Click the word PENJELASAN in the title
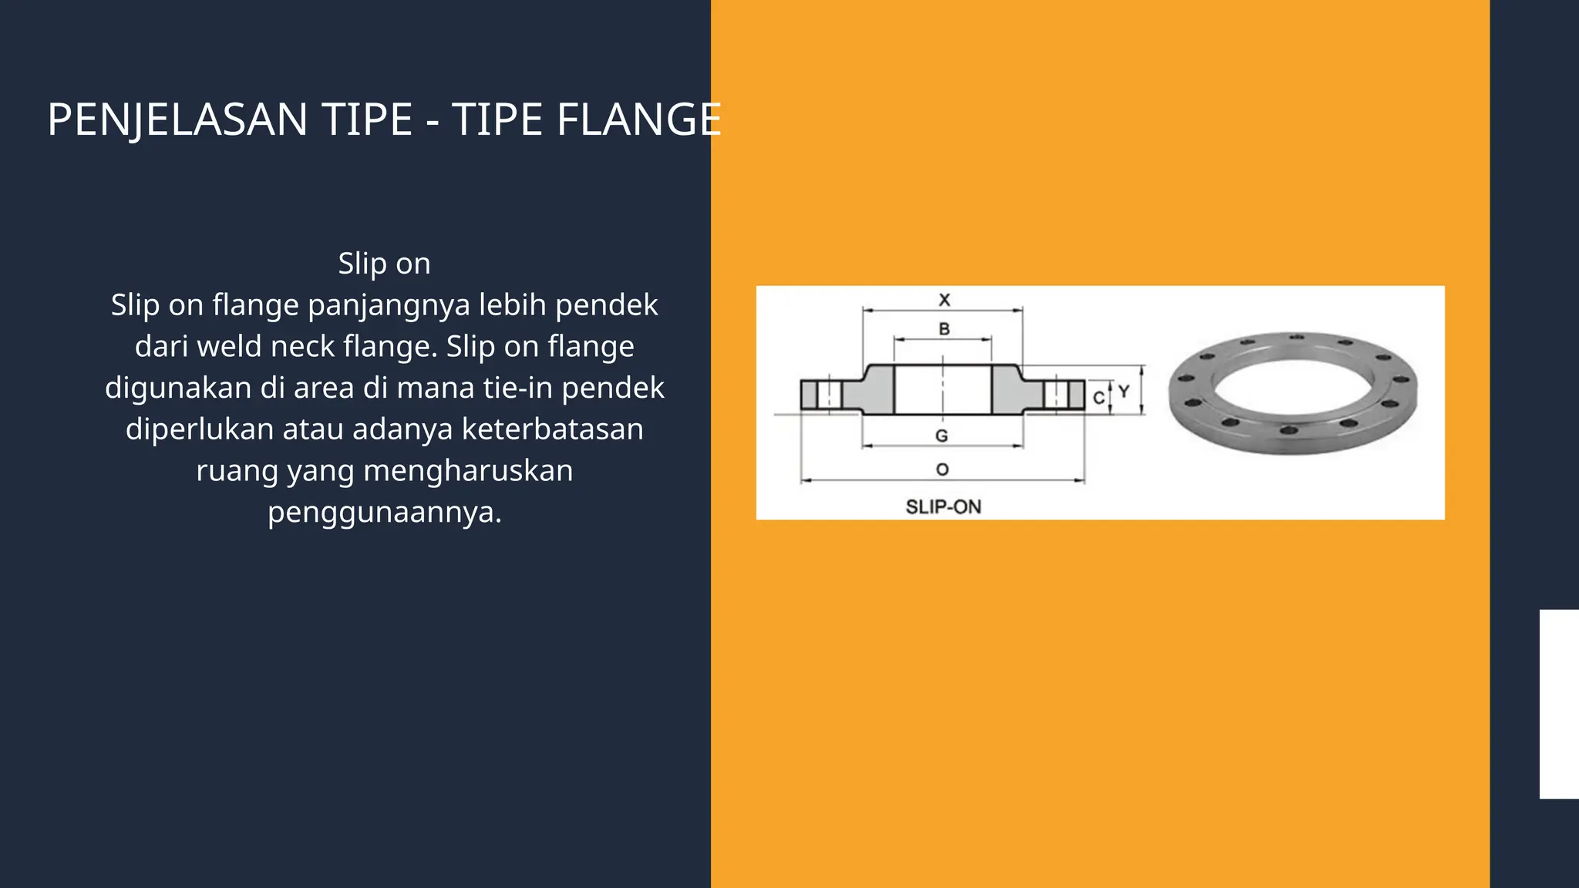pyautogui.click(x=177, y=120)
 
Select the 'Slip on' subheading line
pyautogui.click(x=384, y=264)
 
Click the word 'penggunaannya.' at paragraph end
pyautogui.click(x=384, y=512)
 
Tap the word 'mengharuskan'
pyautogui.click(x=468, y=470)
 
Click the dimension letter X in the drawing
pyautogui.click(x=944, y=300)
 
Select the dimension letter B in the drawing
pyautogui.click(x=944, y=329)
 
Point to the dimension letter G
pyautogui.click(x=941, y=436)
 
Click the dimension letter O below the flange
pyautogui.click(x=942, y=469)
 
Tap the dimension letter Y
pyautogui.click(x=1123, y=392)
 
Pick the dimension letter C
pyautogui.click(x=1099, y=399)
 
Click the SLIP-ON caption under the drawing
pyautogui.click(x=943, y=506)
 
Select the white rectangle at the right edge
pyautogui.click(x=1558, y=704)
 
